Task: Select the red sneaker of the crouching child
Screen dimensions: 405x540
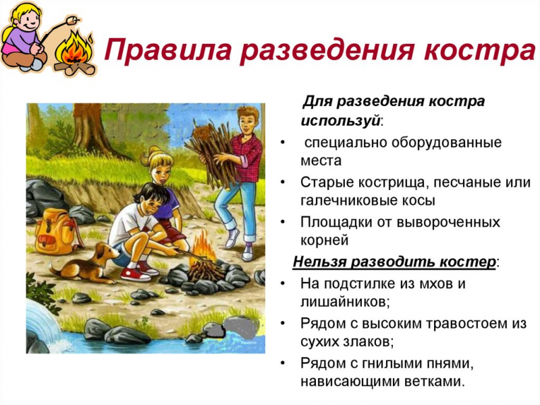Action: click(x=136, y=274)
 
